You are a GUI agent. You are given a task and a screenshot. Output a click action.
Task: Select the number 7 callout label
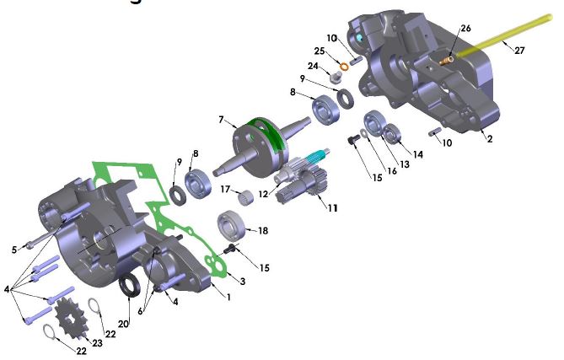tap(221, 119)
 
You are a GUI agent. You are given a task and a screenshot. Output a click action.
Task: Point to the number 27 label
tap(519, 51)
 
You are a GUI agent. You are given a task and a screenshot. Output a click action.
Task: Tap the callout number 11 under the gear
tap(334, 207)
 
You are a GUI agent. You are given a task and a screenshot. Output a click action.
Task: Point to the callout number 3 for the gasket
tap(243, 281)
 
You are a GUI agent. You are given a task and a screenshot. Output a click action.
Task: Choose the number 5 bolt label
tap(14, 249)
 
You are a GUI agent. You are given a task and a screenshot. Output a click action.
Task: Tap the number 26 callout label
tap(466, 28)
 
